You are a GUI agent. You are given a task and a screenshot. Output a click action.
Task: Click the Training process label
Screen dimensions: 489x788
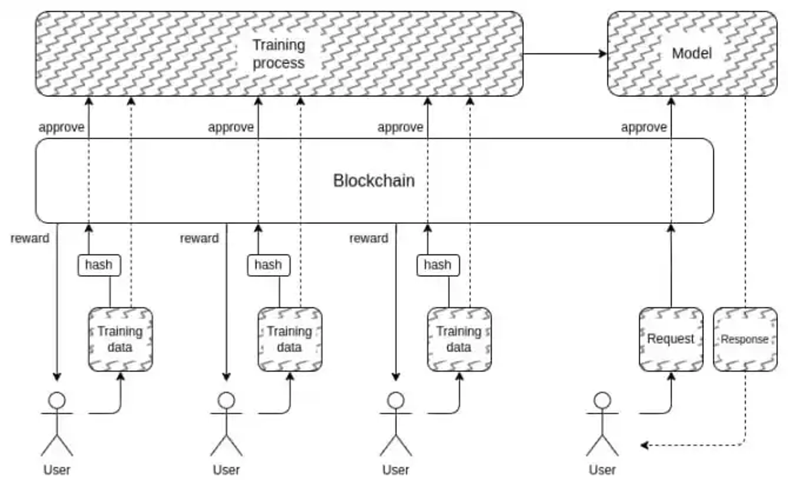[279, 54]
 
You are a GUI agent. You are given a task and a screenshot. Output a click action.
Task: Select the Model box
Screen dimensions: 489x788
[692, 53]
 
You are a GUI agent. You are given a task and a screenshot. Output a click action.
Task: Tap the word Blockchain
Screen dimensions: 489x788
[374, 180]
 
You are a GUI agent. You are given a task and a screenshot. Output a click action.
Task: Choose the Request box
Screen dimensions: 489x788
[671, 339]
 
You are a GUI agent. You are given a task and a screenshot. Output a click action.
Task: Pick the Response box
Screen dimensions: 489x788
[745, 339]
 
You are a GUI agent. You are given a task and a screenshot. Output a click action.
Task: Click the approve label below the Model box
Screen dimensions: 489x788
[644, 128]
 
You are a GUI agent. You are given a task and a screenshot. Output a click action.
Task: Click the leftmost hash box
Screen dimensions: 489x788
[99, 265]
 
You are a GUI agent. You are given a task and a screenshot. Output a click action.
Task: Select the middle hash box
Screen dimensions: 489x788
[268, 265]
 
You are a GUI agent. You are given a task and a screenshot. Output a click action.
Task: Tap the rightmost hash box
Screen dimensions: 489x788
[438, 265]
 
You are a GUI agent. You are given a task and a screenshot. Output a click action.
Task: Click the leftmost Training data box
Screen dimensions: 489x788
[121, 339]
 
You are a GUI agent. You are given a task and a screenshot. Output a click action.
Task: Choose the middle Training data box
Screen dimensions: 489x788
[290, 339]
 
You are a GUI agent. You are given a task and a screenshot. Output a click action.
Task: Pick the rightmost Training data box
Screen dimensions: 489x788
[459, 339]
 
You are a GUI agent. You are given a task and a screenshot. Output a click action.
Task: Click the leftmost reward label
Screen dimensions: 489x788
[30, 239]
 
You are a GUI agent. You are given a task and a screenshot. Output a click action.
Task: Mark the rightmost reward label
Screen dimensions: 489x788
[369, 239]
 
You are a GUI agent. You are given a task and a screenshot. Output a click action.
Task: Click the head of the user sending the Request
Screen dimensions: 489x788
[602, 401]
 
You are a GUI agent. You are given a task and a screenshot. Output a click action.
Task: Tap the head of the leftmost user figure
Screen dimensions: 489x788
[57, 401]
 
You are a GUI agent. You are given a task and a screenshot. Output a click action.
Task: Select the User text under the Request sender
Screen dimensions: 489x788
[602, 470]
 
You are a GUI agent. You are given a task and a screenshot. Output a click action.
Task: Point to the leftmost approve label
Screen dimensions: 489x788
[62, 128]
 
